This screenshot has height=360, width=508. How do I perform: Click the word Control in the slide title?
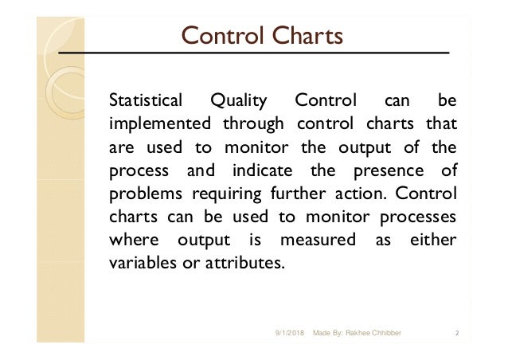219,36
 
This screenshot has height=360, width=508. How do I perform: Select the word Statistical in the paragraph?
145,102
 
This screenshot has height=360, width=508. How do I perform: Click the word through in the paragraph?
253,125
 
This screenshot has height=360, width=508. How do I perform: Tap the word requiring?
213,194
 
